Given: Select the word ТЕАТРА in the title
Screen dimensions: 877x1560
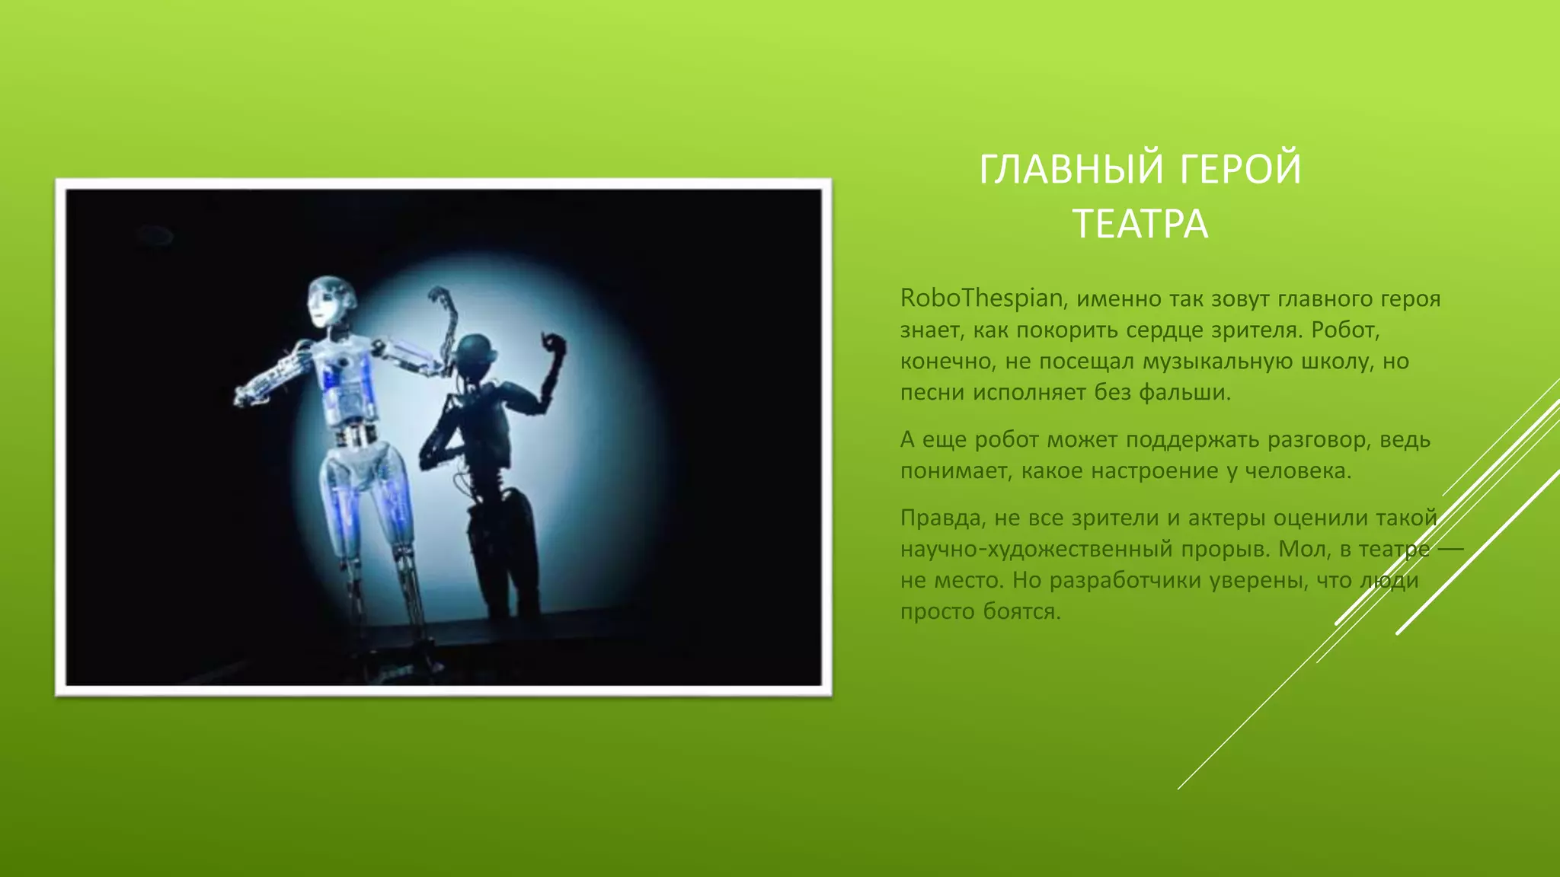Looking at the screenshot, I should click(x=1140, y=225).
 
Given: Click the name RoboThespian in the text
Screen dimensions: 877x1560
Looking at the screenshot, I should click(x=982, y=298).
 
